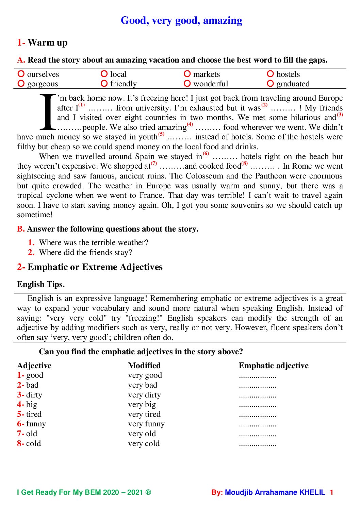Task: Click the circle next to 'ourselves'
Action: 21,74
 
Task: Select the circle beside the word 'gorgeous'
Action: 21,83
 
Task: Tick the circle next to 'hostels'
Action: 271,74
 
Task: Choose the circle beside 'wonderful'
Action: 187,83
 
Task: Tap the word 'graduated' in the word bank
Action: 293,84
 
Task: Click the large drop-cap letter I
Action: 48,112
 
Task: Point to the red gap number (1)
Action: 82,105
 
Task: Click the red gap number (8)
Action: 245,163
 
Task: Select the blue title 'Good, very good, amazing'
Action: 181,20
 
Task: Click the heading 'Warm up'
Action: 48,43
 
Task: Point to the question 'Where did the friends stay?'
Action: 85,252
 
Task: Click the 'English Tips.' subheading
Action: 41,284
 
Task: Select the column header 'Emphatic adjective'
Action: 274,366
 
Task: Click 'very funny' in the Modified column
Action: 146,424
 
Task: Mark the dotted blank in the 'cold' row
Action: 258,444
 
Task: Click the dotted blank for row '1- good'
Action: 258,376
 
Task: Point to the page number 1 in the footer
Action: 331,492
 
